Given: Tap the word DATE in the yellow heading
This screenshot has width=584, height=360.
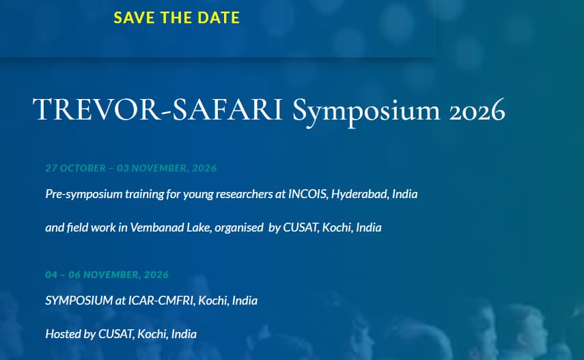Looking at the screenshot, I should (217, 18).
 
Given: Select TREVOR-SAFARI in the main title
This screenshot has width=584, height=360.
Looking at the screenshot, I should (158, 110).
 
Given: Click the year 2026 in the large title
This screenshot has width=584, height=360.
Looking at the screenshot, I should (477, 110).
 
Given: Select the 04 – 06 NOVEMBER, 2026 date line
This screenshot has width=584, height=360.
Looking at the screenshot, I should (107, 275).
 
